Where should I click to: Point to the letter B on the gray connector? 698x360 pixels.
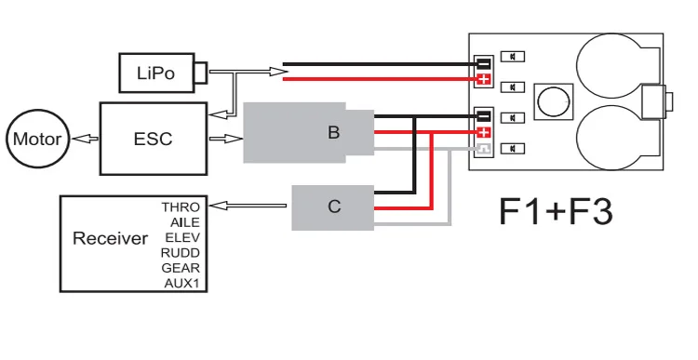(333, 132)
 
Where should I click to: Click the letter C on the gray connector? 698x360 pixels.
(334, 207)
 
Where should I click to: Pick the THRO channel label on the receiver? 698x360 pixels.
(181, 207)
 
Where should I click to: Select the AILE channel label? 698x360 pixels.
(185, 222)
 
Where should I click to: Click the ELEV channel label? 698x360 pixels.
(182, 237)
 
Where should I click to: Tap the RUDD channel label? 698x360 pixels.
(181, 253)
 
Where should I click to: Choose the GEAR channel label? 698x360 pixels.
(181, 268)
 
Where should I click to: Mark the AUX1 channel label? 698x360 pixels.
(181, 283)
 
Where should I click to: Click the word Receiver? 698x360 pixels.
(111, 238)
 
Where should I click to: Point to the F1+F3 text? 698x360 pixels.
(556, 212)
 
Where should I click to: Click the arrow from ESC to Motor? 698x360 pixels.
(85, 140)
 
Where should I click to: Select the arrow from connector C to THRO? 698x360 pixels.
(248, 206)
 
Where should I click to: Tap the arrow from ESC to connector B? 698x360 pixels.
(226, 139)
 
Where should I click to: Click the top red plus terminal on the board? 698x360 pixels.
(483, 80)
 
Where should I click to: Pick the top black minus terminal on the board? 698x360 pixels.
(483, 63)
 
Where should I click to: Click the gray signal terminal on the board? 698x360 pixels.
(483, 149)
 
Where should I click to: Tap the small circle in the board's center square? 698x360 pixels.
(554, 101)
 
